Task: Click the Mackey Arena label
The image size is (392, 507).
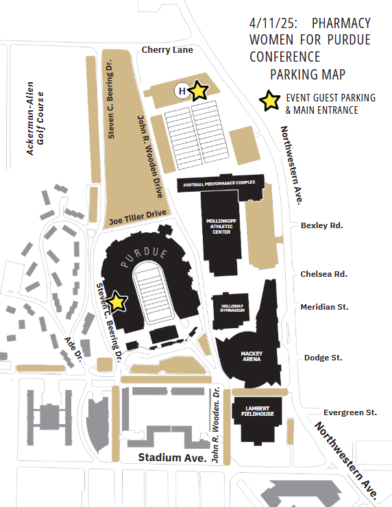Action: (252, 356)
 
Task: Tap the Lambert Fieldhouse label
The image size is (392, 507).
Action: (258, 411)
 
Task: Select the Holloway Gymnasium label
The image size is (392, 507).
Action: (232, 308)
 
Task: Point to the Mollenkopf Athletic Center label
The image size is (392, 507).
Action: (221, 226)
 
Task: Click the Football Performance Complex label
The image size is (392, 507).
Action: (219, 184)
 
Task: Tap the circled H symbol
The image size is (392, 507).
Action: (182, 91)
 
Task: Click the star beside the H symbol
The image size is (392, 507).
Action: (198, 90)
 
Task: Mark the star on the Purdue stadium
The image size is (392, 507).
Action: (117, 301)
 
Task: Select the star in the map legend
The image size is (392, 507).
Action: (270, 101)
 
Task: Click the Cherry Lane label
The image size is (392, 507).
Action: (167, 50)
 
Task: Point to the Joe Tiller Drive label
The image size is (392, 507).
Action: (138, 217)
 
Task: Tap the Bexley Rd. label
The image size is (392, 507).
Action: (322, 225)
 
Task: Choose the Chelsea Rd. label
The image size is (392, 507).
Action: (323, 274)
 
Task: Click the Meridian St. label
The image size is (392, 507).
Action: (324, 307)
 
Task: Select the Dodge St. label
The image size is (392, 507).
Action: (323, 358)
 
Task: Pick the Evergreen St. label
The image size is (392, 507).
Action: (350, 412)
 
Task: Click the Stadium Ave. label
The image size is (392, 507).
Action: (172, 458)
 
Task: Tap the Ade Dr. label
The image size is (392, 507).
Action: (74, 349)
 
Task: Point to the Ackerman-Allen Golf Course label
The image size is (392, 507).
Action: (35, 119)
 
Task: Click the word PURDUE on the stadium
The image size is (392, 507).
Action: (144, 256)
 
